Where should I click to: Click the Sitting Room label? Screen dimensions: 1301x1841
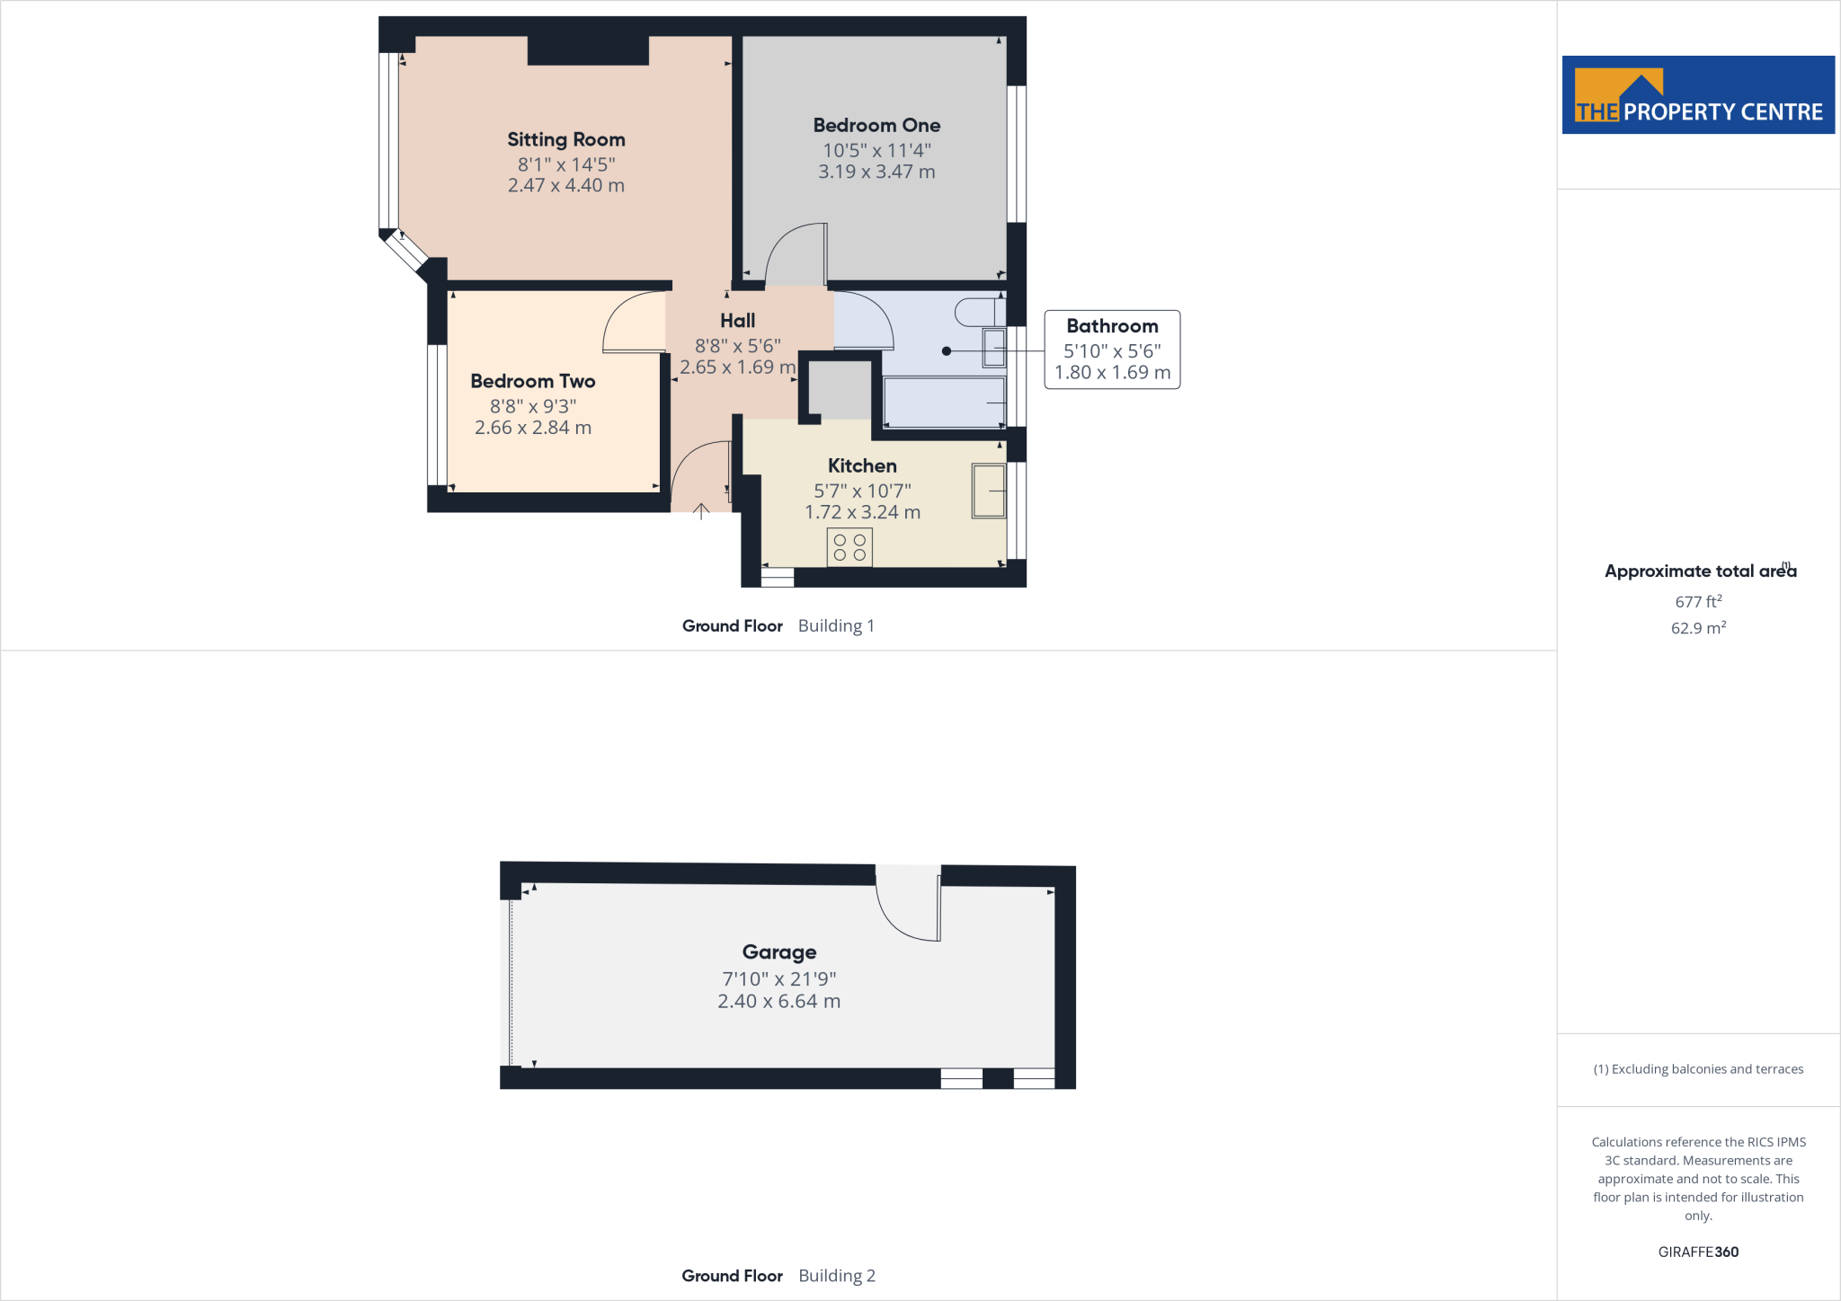click(565, 139)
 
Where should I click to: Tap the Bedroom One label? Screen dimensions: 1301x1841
click(876, 125)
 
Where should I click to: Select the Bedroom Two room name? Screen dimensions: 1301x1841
click(532, 381)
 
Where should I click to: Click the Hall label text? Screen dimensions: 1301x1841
click(737, 321)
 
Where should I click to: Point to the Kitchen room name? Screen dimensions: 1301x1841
click(862, 465)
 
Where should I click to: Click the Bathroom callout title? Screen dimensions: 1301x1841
click(1112, 326)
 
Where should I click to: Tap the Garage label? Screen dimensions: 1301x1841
click(779, 951)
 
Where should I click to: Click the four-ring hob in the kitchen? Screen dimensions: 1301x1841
click(849, 548)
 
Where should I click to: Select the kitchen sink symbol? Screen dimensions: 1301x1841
click(989, 491)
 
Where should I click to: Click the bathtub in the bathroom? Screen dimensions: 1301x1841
click(944, 403)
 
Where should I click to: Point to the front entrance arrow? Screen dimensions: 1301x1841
click(701, 511)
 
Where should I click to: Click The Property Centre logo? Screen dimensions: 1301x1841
click(1698, 95)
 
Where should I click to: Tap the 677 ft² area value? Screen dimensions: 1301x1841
click(1698, 601)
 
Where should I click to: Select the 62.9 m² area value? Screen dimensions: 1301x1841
click(1698, 628)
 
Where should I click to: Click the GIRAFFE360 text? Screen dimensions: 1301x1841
click(1698, 1252)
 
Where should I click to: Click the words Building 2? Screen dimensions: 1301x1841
click(836, 1276)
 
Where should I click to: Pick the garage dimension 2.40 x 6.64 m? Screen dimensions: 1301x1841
click(778, 1001)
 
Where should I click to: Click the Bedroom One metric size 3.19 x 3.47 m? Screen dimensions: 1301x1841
click(876, 172)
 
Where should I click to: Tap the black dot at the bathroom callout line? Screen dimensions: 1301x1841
click(947, 351)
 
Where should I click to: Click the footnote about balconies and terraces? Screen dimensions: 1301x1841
click(1698, 1069)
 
